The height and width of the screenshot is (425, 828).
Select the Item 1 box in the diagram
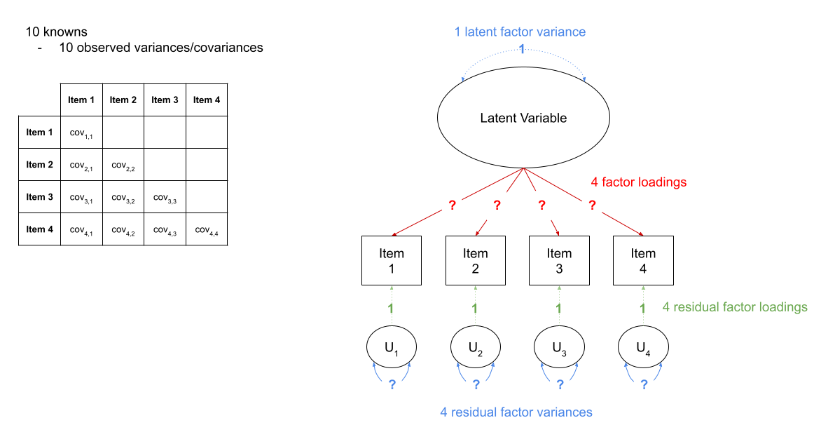pyautogui.click(x=392, y=260)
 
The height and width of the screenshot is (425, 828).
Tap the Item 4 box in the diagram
pyautogui.click(x=643, y=260)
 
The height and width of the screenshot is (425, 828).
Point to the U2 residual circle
pyautogui.click(x=476, y=346)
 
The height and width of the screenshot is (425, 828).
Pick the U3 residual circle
pyautogui.click(x=559, y=346)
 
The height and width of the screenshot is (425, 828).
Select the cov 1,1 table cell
pyautogui.click(x=81, y=133)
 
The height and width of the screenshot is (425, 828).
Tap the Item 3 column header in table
pyautogui.click(x=165, y=100)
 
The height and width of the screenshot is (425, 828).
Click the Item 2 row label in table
pyautogui.click(x=39, y=165)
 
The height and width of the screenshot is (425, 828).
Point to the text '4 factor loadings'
pyautogui.click(x=638, y=182)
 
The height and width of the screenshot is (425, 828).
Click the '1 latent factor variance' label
pyautogui.click(x=520, y=32)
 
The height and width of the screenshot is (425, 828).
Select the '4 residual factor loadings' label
pyautogui.click(x=735, y=307)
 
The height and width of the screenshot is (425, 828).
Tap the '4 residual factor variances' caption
pyautogui.click(x=516, y=412)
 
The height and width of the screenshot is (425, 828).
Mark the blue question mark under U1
pyautogui.click(x=392, y=384)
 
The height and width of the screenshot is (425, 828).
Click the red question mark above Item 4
pyautogui.click(x=592, y=205)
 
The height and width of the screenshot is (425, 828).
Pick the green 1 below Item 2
pyautogui.click(x=476, y=308)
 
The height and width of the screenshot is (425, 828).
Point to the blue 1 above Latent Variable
pyautogui.click(x=521, y=48)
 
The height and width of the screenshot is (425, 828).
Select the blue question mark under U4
pyautogui.click(x=643, y=384)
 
